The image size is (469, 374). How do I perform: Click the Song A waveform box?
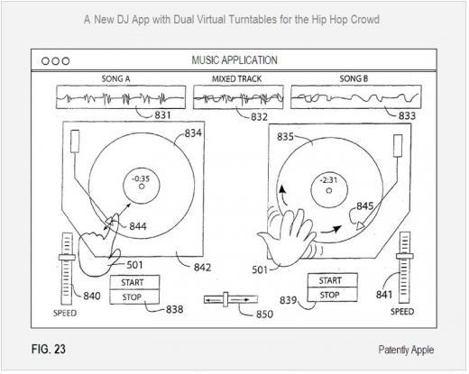pyautogui.click(x=121, y=97)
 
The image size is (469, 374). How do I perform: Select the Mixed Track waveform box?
pyautogui.click(x=238, y=97)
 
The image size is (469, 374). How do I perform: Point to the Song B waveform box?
pyautogui.click(x=356, y=97)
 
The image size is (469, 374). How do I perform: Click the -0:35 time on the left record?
pyautogui.click(x=141, y=178)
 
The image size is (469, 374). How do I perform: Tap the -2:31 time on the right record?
pyautogui.click(x=328, y=180)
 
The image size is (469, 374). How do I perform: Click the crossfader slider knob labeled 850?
pyautogui.click(x=225, y=299)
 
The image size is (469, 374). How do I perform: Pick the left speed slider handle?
pyautogui.click(x=67, y=258)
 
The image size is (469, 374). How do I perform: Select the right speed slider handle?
pyautogui.click(x=404, y=256)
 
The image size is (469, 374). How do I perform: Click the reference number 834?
pyautogui.click(x=193, y=133)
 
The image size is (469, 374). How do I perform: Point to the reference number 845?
pyautogui.click(x=365, y=206)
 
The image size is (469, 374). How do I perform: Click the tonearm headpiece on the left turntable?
pyautogui.click(x=75, y=141)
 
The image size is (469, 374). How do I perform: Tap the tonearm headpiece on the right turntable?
pyautogui.click(x=398, y=146)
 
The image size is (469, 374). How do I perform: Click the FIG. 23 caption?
pyautogui.click(x=49, y=349)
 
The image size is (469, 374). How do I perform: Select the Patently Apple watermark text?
pyautogui.click(x=406, y=350)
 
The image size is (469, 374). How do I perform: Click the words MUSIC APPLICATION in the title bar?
pyautogui.click(x=234, y=60)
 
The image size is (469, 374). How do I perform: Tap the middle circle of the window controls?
pyautogui.click(x=55, y=61)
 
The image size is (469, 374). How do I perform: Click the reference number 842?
pyautogui.click(x=202, y=268)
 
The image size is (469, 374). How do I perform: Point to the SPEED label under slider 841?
pyautogui.click(x=402, y=312)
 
